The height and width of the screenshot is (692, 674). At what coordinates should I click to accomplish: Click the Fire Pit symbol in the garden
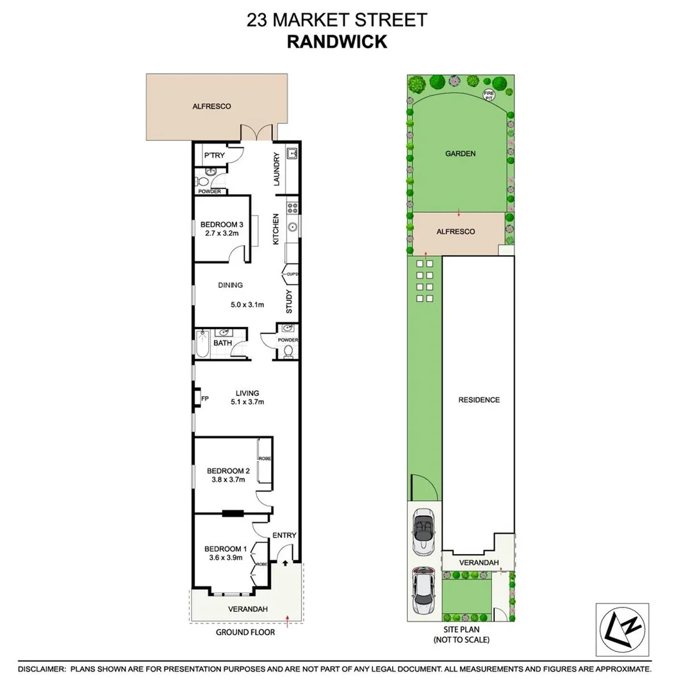[x=489, y=95]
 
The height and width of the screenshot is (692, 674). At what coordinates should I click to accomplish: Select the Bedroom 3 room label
[x=222, y=224]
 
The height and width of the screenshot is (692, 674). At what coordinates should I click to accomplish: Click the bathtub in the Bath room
[x=203, y=343]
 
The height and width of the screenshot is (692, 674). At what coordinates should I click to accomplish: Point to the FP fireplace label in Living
[x=205, y=399]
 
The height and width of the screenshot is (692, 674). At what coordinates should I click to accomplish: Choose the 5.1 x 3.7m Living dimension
[x=247, y=402]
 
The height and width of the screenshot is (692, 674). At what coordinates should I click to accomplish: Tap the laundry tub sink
[x=292, y=154]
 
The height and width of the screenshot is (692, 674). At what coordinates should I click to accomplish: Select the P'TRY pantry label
[x=212, y=156]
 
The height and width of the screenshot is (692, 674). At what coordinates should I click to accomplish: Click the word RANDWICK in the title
[x=336, y=42]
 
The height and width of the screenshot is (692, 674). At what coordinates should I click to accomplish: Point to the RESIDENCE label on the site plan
[x=479, y=400]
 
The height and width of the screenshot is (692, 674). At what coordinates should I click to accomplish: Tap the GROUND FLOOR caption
[x=245, y=632]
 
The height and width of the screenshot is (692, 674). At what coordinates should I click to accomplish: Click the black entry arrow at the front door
[x=285, y=563]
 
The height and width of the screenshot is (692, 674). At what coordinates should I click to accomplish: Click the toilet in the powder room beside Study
[x=288, y=352]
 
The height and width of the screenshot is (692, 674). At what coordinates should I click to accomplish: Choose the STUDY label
[x=289, y=303]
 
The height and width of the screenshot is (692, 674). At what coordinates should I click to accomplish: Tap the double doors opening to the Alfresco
[x=258, y=133]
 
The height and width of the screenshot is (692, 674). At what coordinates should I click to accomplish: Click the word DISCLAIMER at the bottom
[x=42, y=669]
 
